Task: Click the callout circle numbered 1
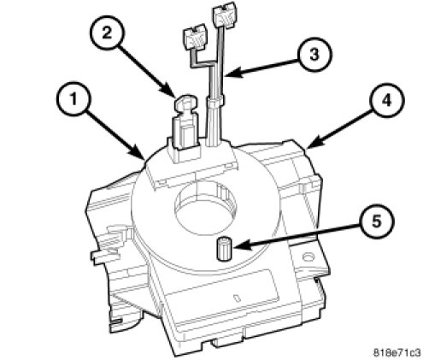(x=73, y=100)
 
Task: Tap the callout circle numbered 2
(x=107, y=33)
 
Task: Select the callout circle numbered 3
(x=314, y=54)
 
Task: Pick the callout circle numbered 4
(x=387, y=100)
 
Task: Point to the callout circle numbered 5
(x=377, y=221)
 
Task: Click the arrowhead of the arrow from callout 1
(x=140, y=155)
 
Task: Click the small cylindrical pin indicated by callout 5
(x=225, y=249)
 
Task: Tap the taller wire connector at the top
(x=224, y=15)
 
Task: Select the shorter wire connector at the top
(x=194, y=36)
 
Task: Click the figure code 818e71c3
(x=397, y=352)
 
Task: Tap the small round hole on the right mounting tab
(x=308, y=258)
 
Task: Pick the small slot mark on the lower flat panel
(x=237, y=298)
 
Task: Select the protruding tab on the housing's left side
(x=104, y=255)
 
